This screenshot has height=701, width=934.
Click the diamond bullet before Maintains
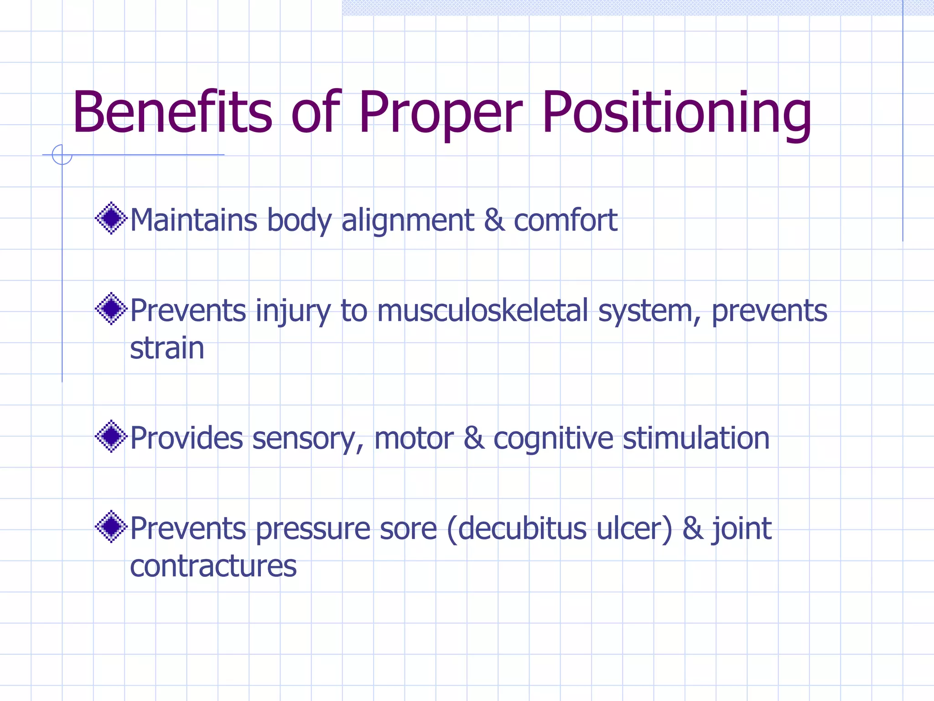tap(111, 218)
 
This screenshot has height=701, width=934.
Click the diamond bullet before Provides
tap(111, 436)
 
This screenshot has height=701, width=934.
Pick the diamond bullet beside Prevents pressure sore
tap(111, 527)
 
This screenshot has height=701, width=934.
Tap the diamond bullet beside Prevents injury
tap(111, 309)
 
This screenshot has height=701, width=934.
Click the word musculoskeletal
tap(483, 311)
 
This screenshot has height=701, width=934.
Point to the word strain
tap(167, 348)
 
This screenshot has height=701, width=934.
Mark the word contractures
tap(213, 566)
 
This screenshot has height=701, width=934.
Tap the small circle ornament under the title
tap(62, 155)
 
